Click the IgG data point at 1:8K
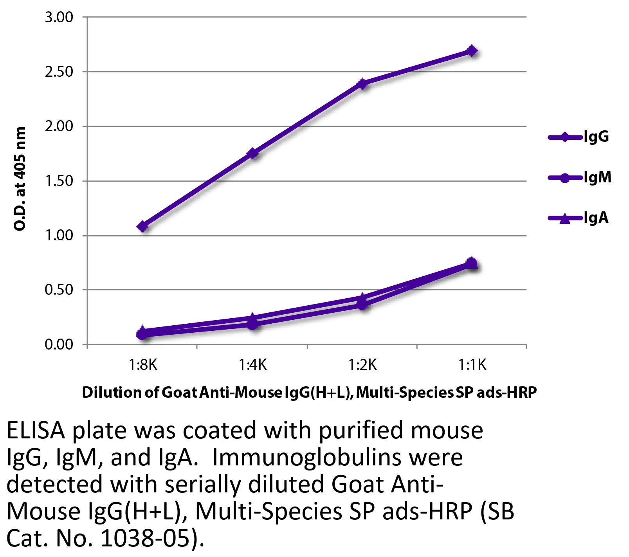pyautogui.click(x=142, y=226)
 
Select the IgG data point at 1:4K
pyautogui.click(x=253, y=153)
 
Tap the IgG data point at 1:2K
pyautogui.click(x=362, y=83)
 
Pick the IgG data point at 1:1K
pyautogui.click(x=472, y=51)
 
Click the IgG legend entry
pyautogui.click(x=579, y=137)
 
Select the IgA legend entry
pyautogui.click(x=579, y=218)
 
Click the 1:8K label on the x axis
pyautogui.click(x=143, y=365)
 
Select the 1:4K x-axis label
pyautogui.click(x=253, y=365)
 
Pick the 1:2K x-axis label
pyautogui.click(x=362, y=365)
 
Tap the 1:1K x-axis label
pyautogui.click(x=472, y=365)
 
